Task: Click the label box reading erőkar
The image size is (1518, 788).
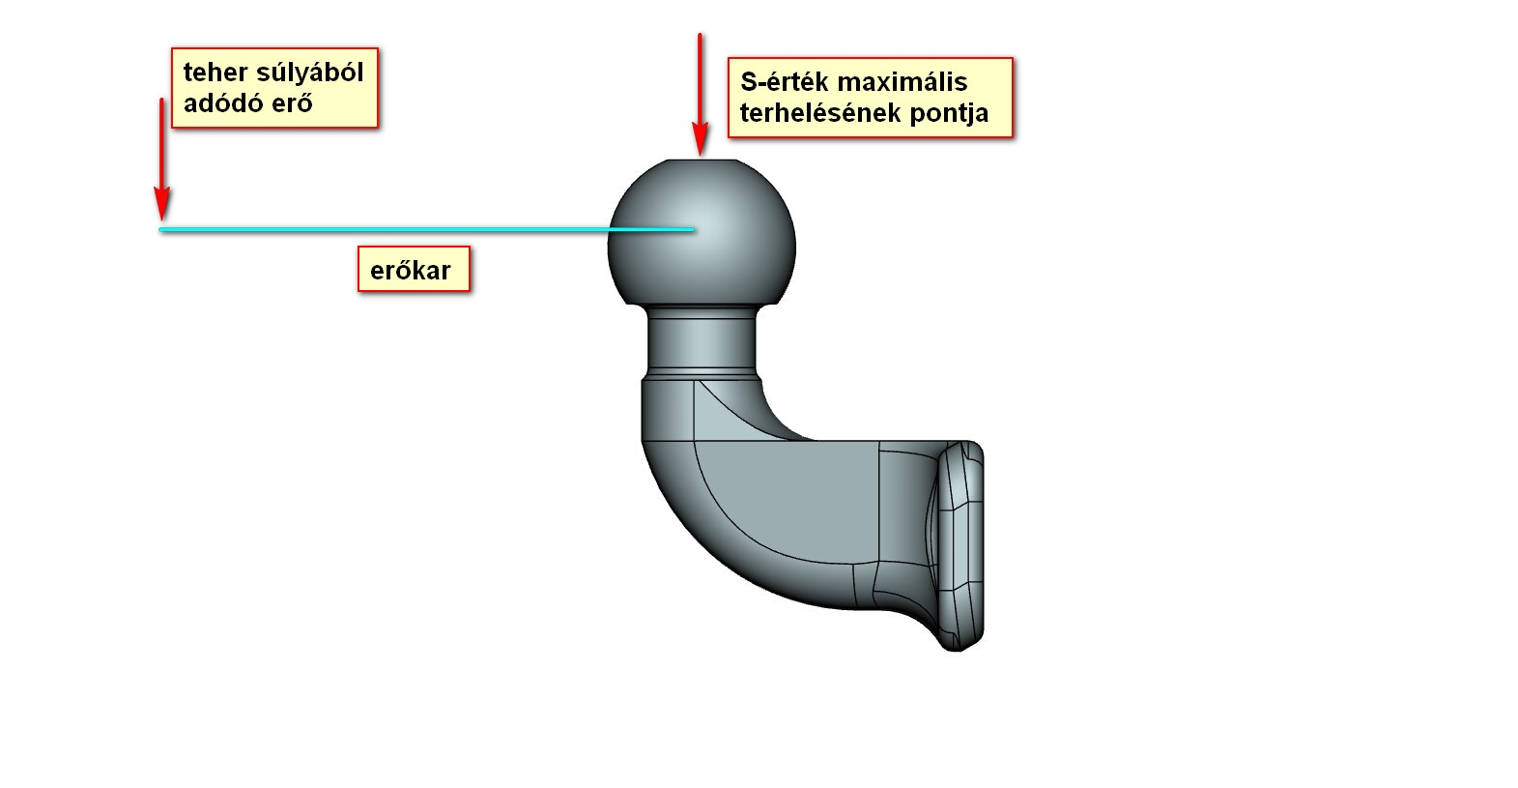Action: click(413, 270)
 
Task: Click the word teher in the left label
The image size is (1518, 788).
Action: click(215, 73)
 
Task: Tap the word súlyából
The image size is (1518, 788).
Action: click(309, 73)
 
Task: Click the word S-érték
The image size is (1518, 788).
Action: click(785, 82)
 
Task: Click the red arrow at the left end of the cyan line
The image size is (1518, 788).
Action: click(162, 155)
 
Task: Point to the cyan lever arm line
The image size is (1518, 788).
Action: click(387, 230)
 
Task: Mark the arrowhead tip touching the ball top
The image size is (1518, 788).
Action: click(701, 153)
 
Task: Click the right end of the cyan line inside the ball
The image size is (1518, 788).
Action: click(692, 230)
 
